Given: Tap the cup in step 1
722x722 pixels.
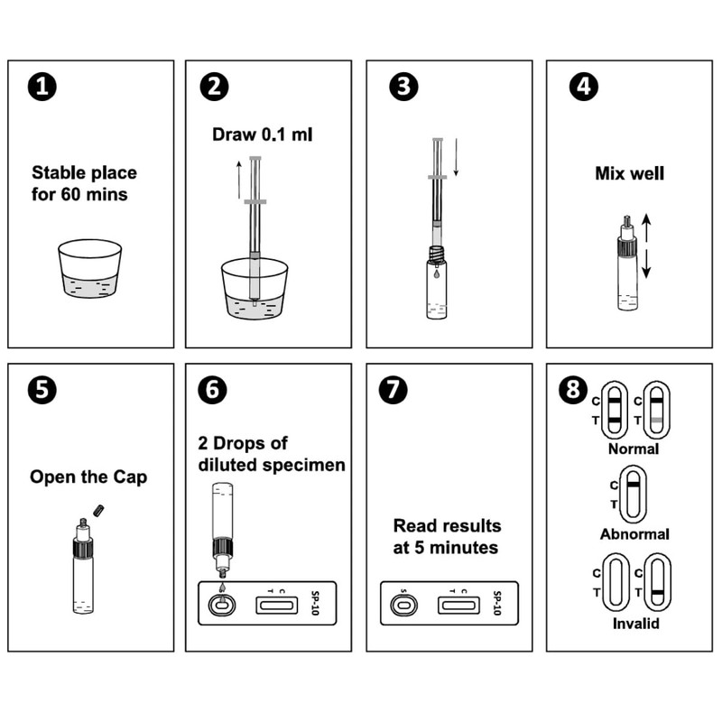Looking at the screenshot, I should pyautogui.click(x=89, y=268).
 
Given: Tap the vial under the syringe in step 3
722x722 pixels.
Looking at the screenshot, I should pyautogui.click(x=436, y=284).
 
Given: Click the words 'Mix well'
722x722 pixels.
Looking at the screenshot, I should pyautogui.click(x=630, y=172).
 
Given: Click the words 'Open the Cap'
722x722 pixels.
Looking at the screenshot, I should pyautogui.click(x=88, y=477).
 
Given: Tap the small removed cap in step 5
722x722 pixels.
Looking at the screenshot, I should pyautogui.click(x=99, y=511).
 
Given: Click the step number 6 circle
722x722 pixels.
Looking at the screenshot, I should pyautogui.click(x=212, y=390).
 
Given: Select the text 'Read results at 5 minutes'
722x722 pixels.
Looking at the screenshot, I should pyautogui.click(x=447, y=536).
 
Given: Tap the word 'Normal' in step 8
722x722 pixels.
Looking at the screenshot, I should pyautogui.click(x=634, y=448).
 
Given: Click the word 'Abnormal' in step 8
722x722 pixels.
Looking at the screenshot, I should pyautogui.click(x=634, y=533).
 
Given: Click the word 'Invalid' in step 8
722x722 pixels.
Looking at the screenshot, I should pyautogui.click(x=634, y=623).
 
